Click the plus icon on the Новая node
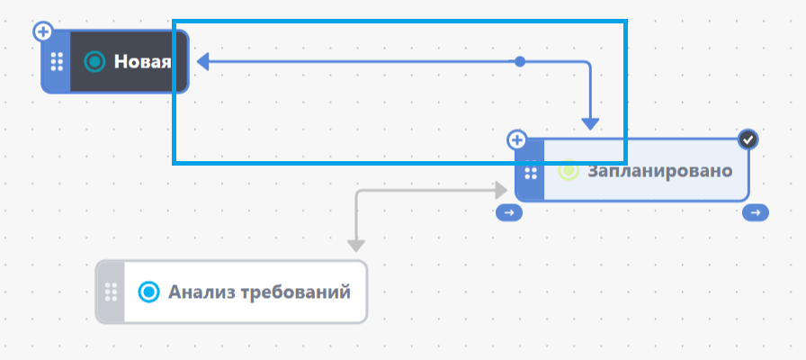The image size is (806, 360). tap(43, 31)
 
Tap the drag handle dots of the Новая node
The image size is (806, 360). tap(57, 62)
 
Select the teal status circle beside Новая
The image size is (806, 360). tap(94, 62)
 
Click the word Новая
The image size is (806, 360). tap(142, 62)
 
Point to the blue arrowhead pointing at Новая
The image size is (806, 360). tap(203, 62)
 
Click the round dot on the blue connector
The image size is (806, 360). tap(520, 62)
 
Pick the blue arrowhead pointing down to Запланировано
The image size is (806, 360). tap(590, 123)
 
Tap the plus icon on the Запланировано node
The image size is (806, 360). tap(517, 139)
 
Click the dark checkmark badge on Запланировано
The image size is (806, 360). tap(748, 139)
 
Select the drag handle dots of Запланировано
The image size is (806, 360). tap(531, 174)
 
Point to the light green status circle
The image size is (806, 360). tap(569, 170)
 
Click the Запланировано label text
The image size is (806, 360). tap(660, 171)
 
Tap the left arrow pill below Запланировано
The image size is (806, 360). tap(509, 212)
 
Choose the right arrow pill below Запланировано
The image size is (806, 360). tap(755, 212)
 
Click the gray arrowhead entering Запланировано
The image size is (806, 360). tap(501, 190)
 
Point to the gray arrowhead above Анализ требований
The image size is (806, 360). tap(355, 246)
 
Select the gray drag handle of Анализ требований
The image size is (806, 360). tap(111, 292)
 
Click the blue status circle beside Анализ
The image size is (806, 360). tap(149, 292)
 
